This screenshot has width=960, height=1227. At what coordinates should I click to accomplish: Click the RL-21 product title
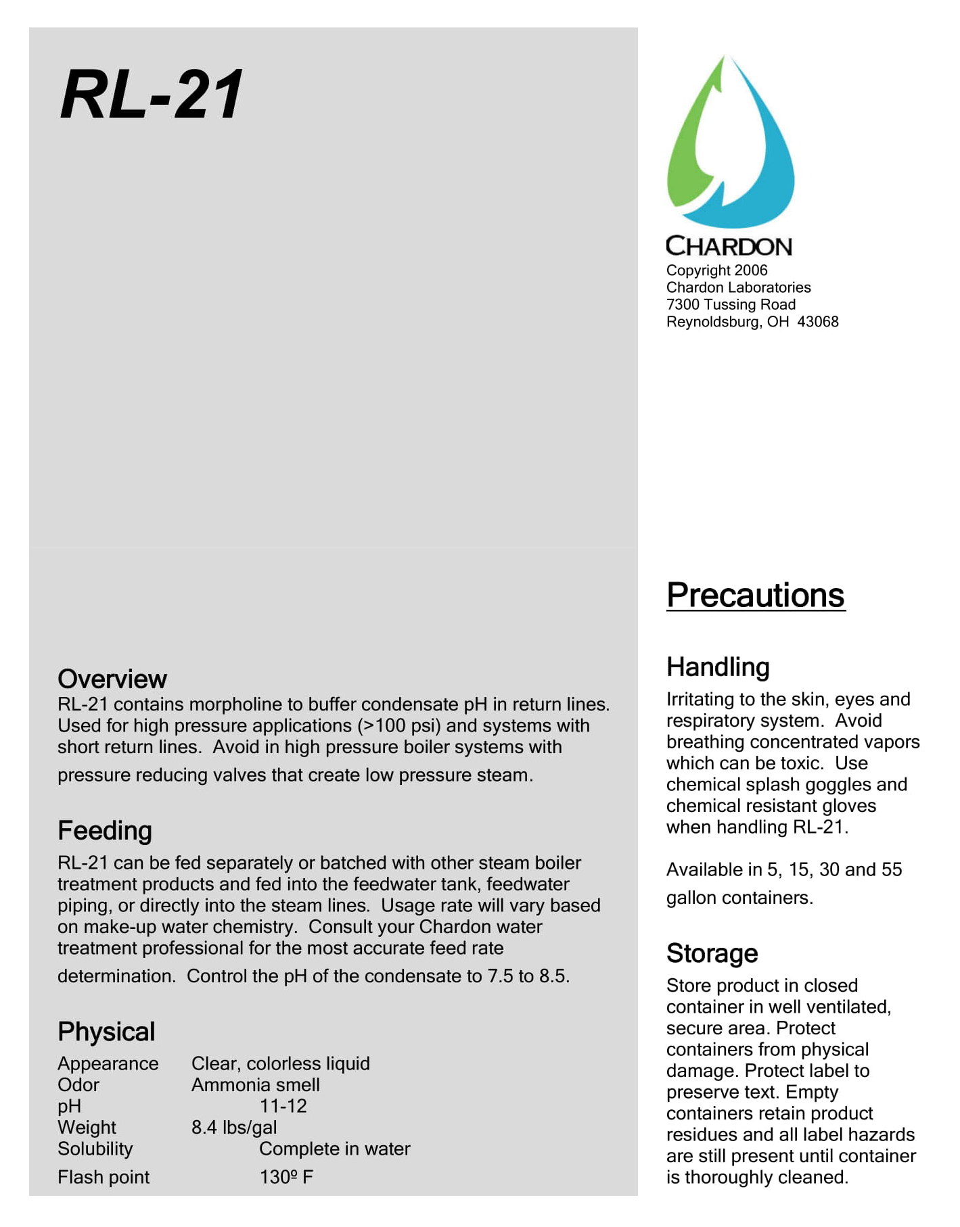[152, 95]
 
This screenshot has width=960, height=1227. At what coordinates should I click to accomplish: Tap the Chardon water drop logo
[730, 143]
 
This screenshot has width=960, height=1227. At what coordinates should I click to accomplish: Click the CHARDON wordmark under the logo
[729, 246]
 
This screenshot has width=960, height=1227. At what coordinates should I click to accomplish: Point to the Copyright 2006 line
[716, 270]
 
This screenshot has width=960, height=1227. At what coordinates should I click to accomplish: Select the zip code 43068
[818, 322]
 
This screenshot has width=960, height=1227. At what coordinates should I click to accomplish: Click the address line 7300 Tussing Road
[731, 305]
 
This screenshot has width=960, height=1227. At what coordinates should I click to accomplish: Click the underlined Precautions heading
[755, 596]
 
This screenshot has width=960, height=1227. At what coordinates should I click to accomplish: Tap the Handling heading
[718, 667]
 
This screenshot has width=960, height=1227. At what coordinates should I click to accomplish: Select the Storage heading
[712, 953]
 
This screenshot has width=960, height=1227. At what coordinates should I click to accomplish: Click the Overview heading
[112, 679]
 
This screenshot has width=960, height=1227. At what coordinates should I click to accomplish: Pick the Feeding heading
[105, 831]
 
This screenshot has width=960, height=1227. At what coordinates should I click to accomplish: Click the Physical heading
[106, 1032]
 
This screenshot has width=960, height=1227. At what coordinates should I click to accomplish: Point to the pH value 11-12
[283, 1107]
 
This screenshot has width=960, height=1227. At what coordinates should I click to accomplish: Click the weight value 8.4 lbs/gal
[234, 1128]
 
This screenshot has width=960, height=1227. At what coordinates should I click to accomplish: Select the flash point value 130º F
[286, 1178]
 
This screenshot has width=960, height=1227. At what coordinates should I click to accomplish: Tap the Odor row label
[78, 1085]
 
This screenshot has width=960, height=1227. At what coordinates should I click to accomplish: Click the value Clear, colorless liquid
[280, 1064]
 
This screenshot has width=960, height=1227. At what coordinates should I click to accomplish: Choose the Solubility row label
[95, 1149]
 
